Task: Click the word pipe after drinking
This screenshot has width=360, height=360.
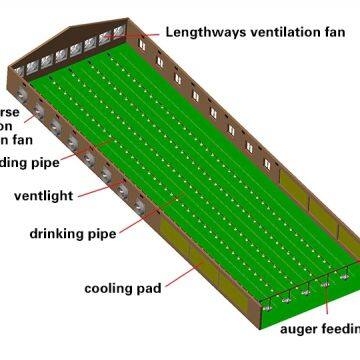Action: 103,234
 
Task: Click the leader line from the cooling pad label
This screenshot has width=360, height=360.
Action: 185,274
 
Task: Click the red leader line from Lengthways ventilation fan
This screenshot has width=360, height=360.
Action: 145,33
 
